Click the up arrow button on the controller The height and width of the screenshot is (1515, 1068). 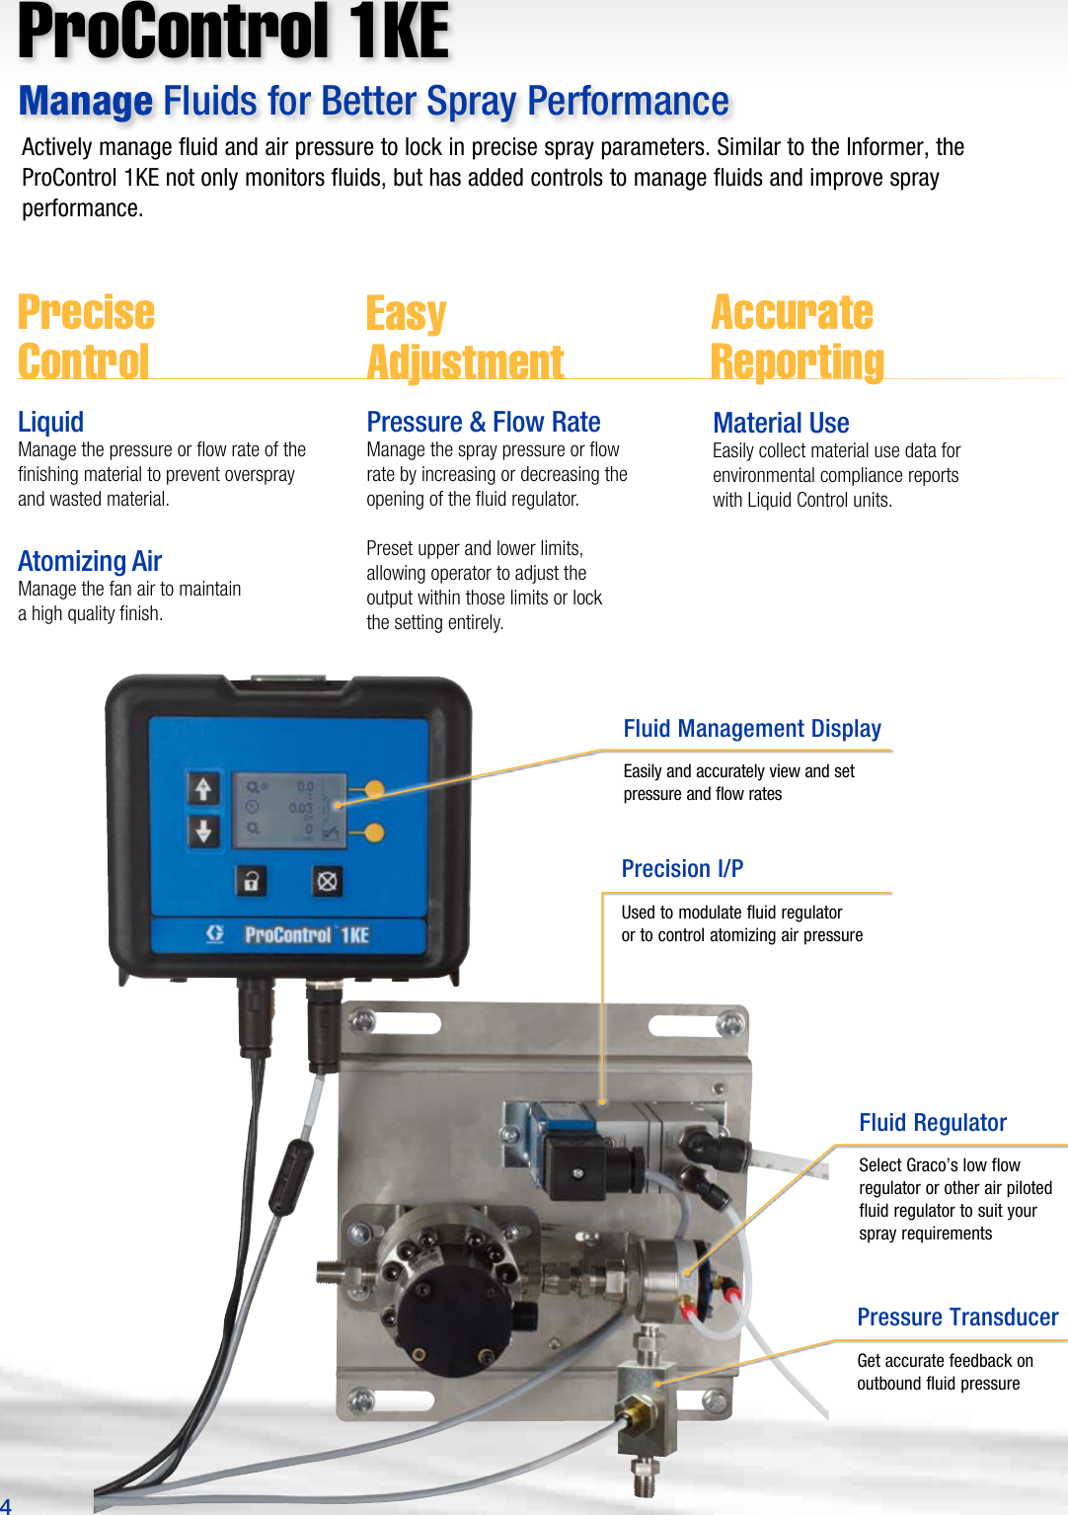tap(203, 789)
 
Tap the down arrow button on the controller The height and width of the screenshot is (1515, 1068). tap(203, 831)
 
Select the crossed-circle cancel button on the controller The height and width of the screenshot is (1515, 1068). tap(327, 880)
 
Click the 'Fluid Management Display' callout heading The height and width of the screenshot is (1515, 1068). tap(751, 729)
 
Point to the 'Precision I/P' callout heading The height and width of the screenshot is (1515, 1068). tap(682, 869)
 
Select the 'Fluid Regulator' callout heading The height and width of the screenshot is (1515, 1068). tap(932, 1123)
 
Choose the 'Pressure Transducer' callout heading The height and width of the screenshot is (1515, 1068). tap(956, 1317)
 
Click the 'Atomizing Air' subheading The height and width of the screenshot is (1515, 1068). tap(90, 561)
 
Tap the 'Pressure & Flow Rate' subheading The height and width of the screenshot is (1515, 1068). tap(483, 423)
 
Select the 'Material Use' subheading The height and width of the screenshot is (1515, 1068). tap(781, 424)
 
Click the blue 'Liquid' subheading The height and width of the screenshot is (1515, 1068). tap(50, 423)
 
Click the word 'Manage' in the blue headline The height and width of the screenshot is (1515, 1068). tap(86, 102)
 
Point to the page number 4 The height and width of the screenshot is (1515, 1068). tap(6, 1505)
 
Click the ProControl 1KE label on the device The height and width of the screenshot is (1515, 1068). tap(305, 934)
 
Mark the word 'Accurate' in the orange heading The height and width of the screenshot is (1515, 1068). tap(792, 313)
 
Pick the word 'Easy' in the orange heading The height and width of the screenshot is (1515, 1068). tap(406, 314)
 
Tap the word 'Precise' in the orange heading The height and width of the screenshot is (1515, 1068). tap(86, 313)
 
